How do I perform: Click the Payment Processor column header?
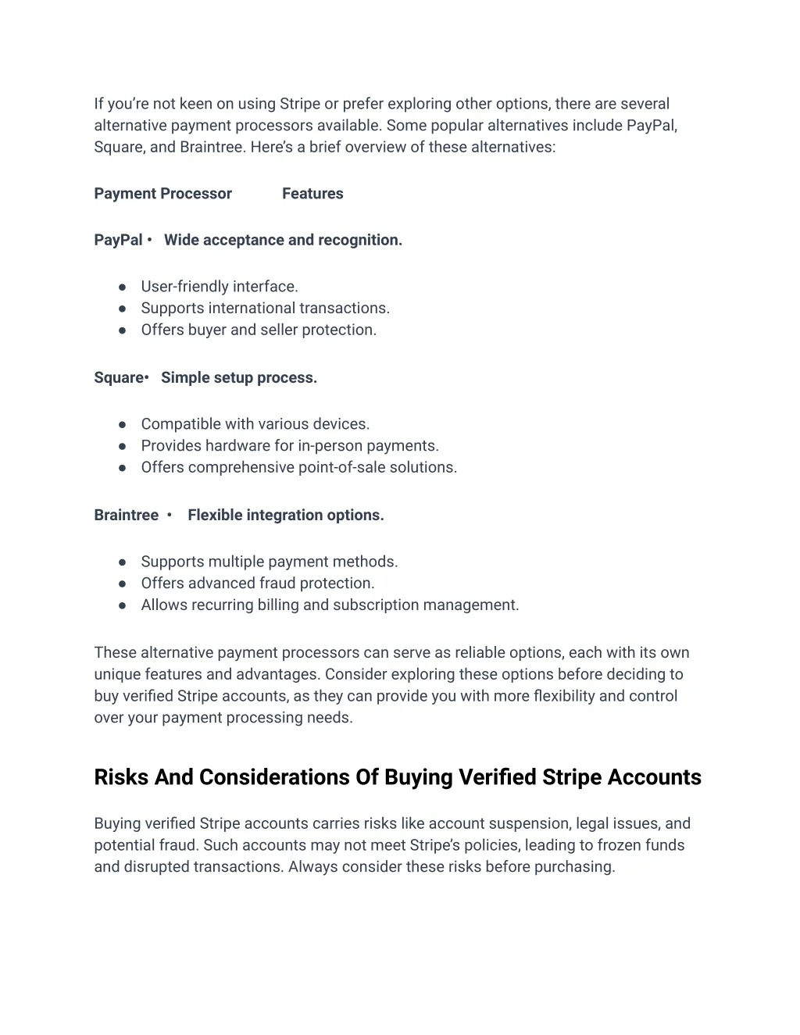162,194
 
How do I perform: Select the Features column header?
312,194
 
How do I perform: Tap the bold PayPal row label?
118,241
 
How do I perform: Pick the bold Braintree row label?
126,516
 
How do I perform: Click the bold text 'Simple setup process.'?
239,378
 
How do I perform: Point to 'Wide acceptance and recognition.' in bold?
283,241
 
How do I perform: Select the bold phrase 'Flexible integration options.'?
286,516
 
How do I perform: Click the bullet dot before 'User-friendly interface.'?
123,287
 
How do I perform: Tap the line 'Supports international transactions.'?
265,309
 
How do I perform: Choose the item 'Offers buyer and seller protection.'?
259,330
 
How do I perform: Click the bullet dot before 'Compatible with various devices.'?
123,425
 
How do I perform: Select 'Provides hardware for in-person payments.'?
290,446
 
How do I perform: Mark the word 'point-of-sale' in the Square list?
341,468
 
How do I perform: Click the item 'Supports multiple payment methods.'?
270,562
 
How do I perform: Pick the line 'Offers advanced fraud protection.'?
258,584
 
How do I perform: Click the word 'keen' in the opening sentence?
196,105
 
